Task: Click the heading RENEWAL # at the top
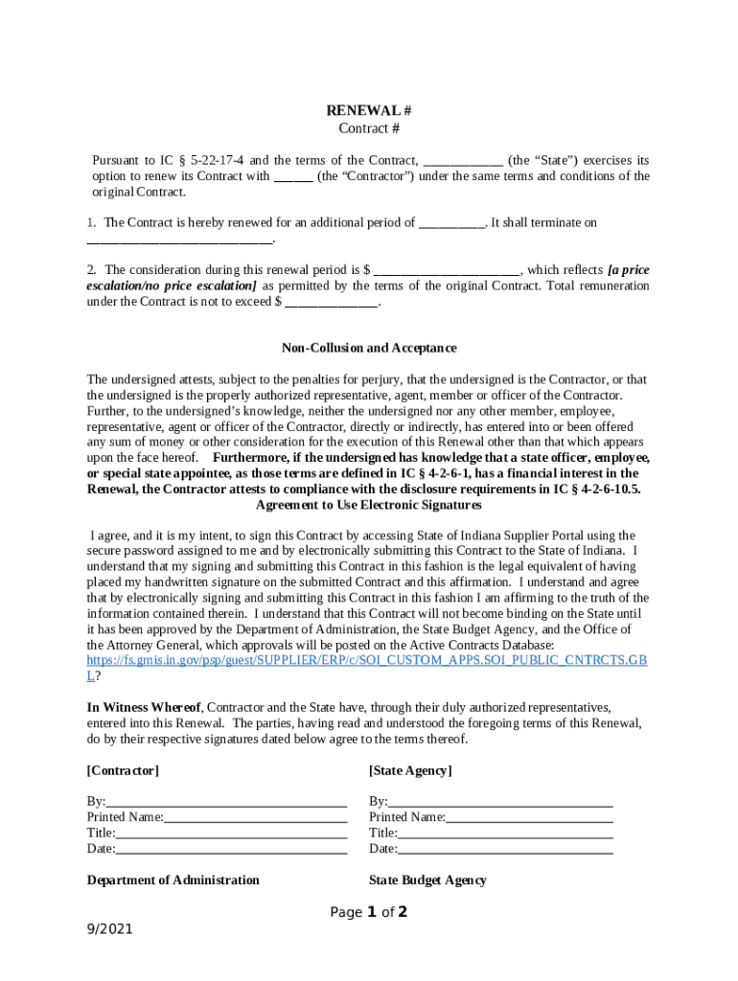coord(368,110)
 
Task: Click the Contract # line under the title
coord(368,128)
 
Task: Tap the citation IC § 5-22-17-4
coord(204,160)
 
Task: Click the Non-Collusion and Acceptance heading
coord(368,348)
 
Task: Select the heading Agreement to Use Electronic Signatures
coord(368,504)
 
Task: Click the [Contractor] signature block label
coord(123,770)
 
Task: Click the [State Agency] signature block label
coord(409,770)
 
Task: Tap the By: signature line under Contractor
coord(225,802)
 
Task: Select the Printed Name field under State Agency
coord(529,817)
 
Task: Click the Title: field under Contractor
coord(230,833)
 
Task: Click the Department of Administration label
coord(173,879)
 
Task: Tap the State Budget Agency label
coord(427,879)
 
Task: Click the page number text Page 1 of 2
coord(369,912)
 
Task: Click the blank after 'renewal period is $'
coord(447,270)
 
